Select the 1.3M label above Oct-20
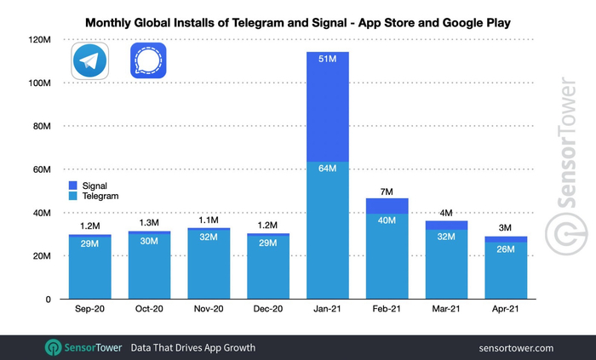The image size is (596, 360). (x=149, y=224)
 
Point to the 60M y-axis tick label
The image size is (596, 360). (x=40, y=169)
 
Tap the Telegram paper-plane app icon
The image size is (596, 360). (x=89, y=63)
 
